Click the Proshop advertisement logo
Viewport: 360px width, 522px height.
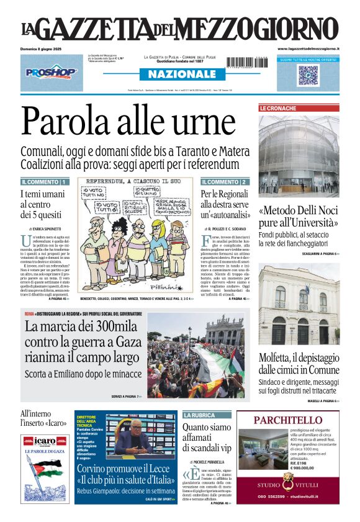point(52,73)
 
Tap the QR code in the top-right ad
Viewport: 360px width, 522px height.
point(308,74)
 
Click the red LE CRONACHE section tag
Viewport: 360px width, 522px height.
point(278,108)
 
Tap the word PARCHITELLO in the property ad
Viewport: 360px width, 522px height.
point(287,420)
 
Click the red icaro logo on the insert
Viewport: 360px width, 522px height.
point(45,441)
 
